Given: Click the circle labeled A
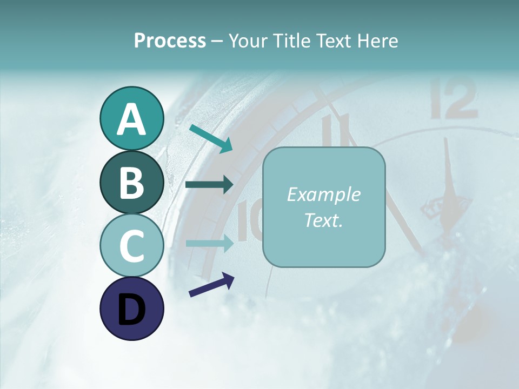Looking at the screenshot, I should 131,119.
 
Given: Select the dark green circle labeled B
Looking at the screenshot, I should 131,183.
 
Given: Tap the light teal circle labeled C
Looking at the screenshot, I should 131,246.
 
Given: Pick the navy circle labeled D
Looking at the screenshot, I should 131,309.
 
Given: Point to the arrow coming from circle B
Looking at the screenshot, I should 209,185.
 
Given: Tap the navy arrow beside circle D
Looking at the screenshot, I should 211,285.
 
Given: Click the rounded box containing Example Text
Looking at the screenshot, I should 324,207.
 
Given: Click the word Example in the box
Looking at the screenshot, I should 324,194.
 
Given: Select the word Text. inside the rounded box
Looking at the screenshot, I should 324,220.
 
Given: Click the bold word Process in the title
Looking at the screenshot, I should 170,41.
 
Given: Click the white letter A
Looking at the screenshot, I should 131,119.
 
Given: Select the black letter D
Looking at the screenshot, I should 131,310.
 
